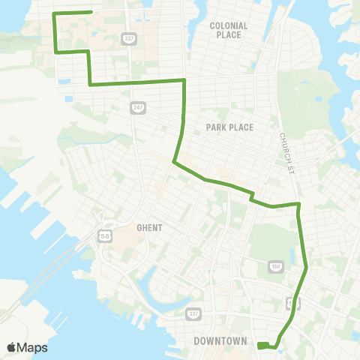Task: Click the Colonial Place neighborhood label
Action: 229,30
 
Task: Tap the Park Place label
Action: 229,127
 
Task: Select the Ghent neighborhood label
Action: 150,227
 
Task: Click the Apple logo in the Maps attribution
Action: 11,347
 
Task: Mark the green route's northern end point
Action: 91,12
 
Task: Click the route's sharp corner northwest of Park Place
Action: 184,79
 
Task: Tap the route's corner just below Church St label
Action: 299,203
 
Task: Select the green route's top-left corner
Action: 54,14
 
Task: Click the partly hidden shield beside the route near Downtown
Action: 290,303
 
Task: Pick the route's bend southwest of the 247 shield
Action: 174,161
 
